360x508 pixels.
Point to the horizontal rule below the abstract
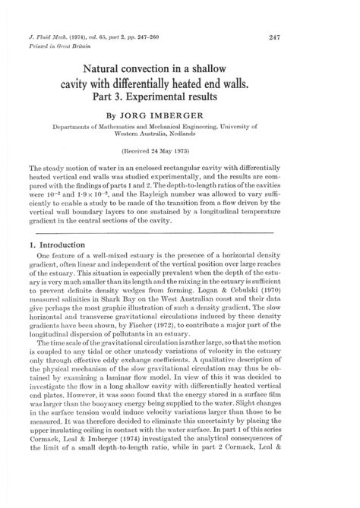(x=179, y=251)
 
